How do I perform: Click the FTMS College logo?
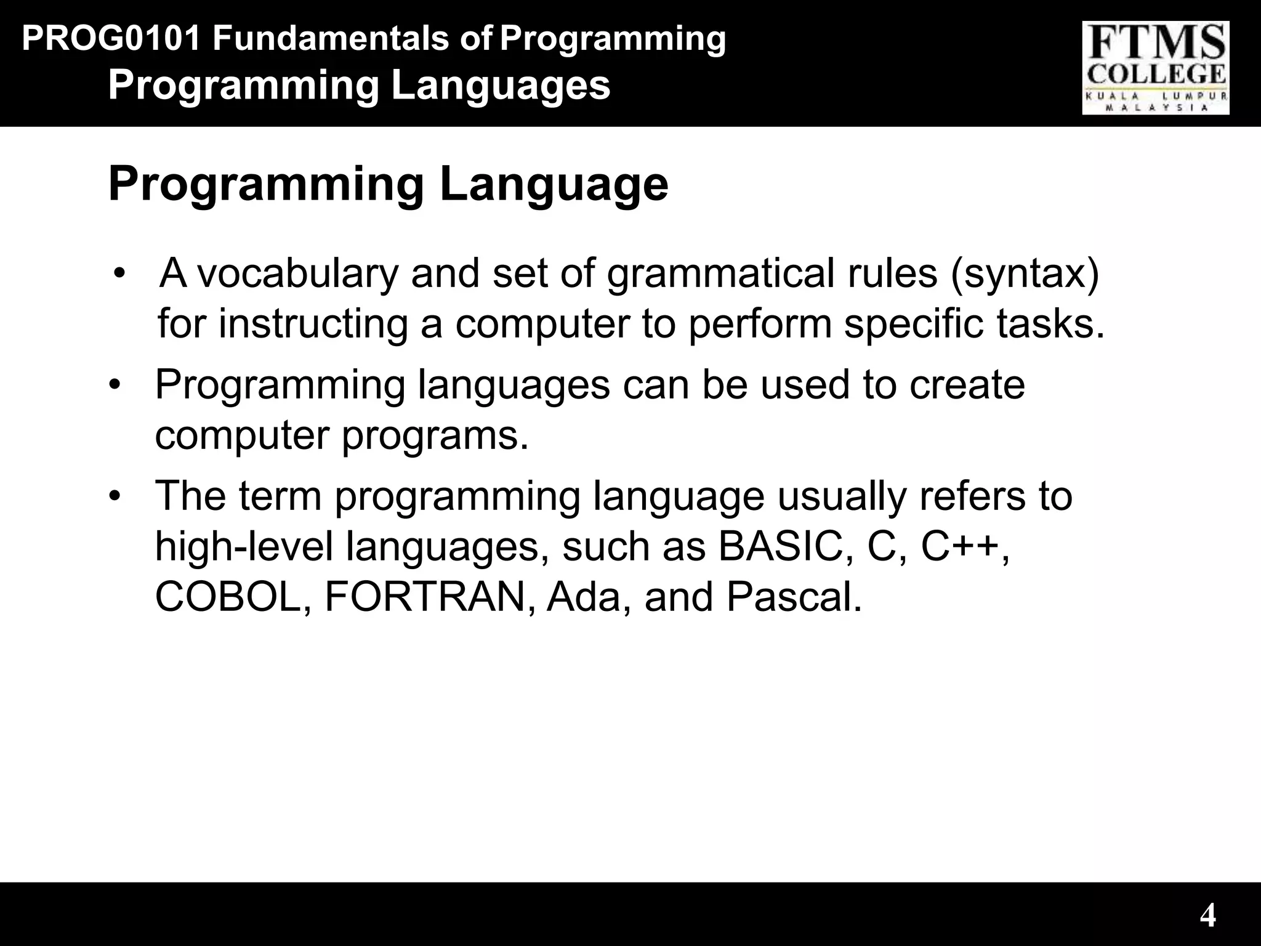click(1155, 68)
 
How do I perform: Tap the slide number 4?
click(1207, 916)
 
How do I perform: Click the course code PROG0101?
click(111, 39)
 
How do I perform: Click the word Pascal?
click(794, 597)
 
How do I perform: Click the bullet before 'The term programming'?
click(114, 496)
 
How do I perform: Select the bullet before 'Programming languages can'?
click(114, 385)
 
